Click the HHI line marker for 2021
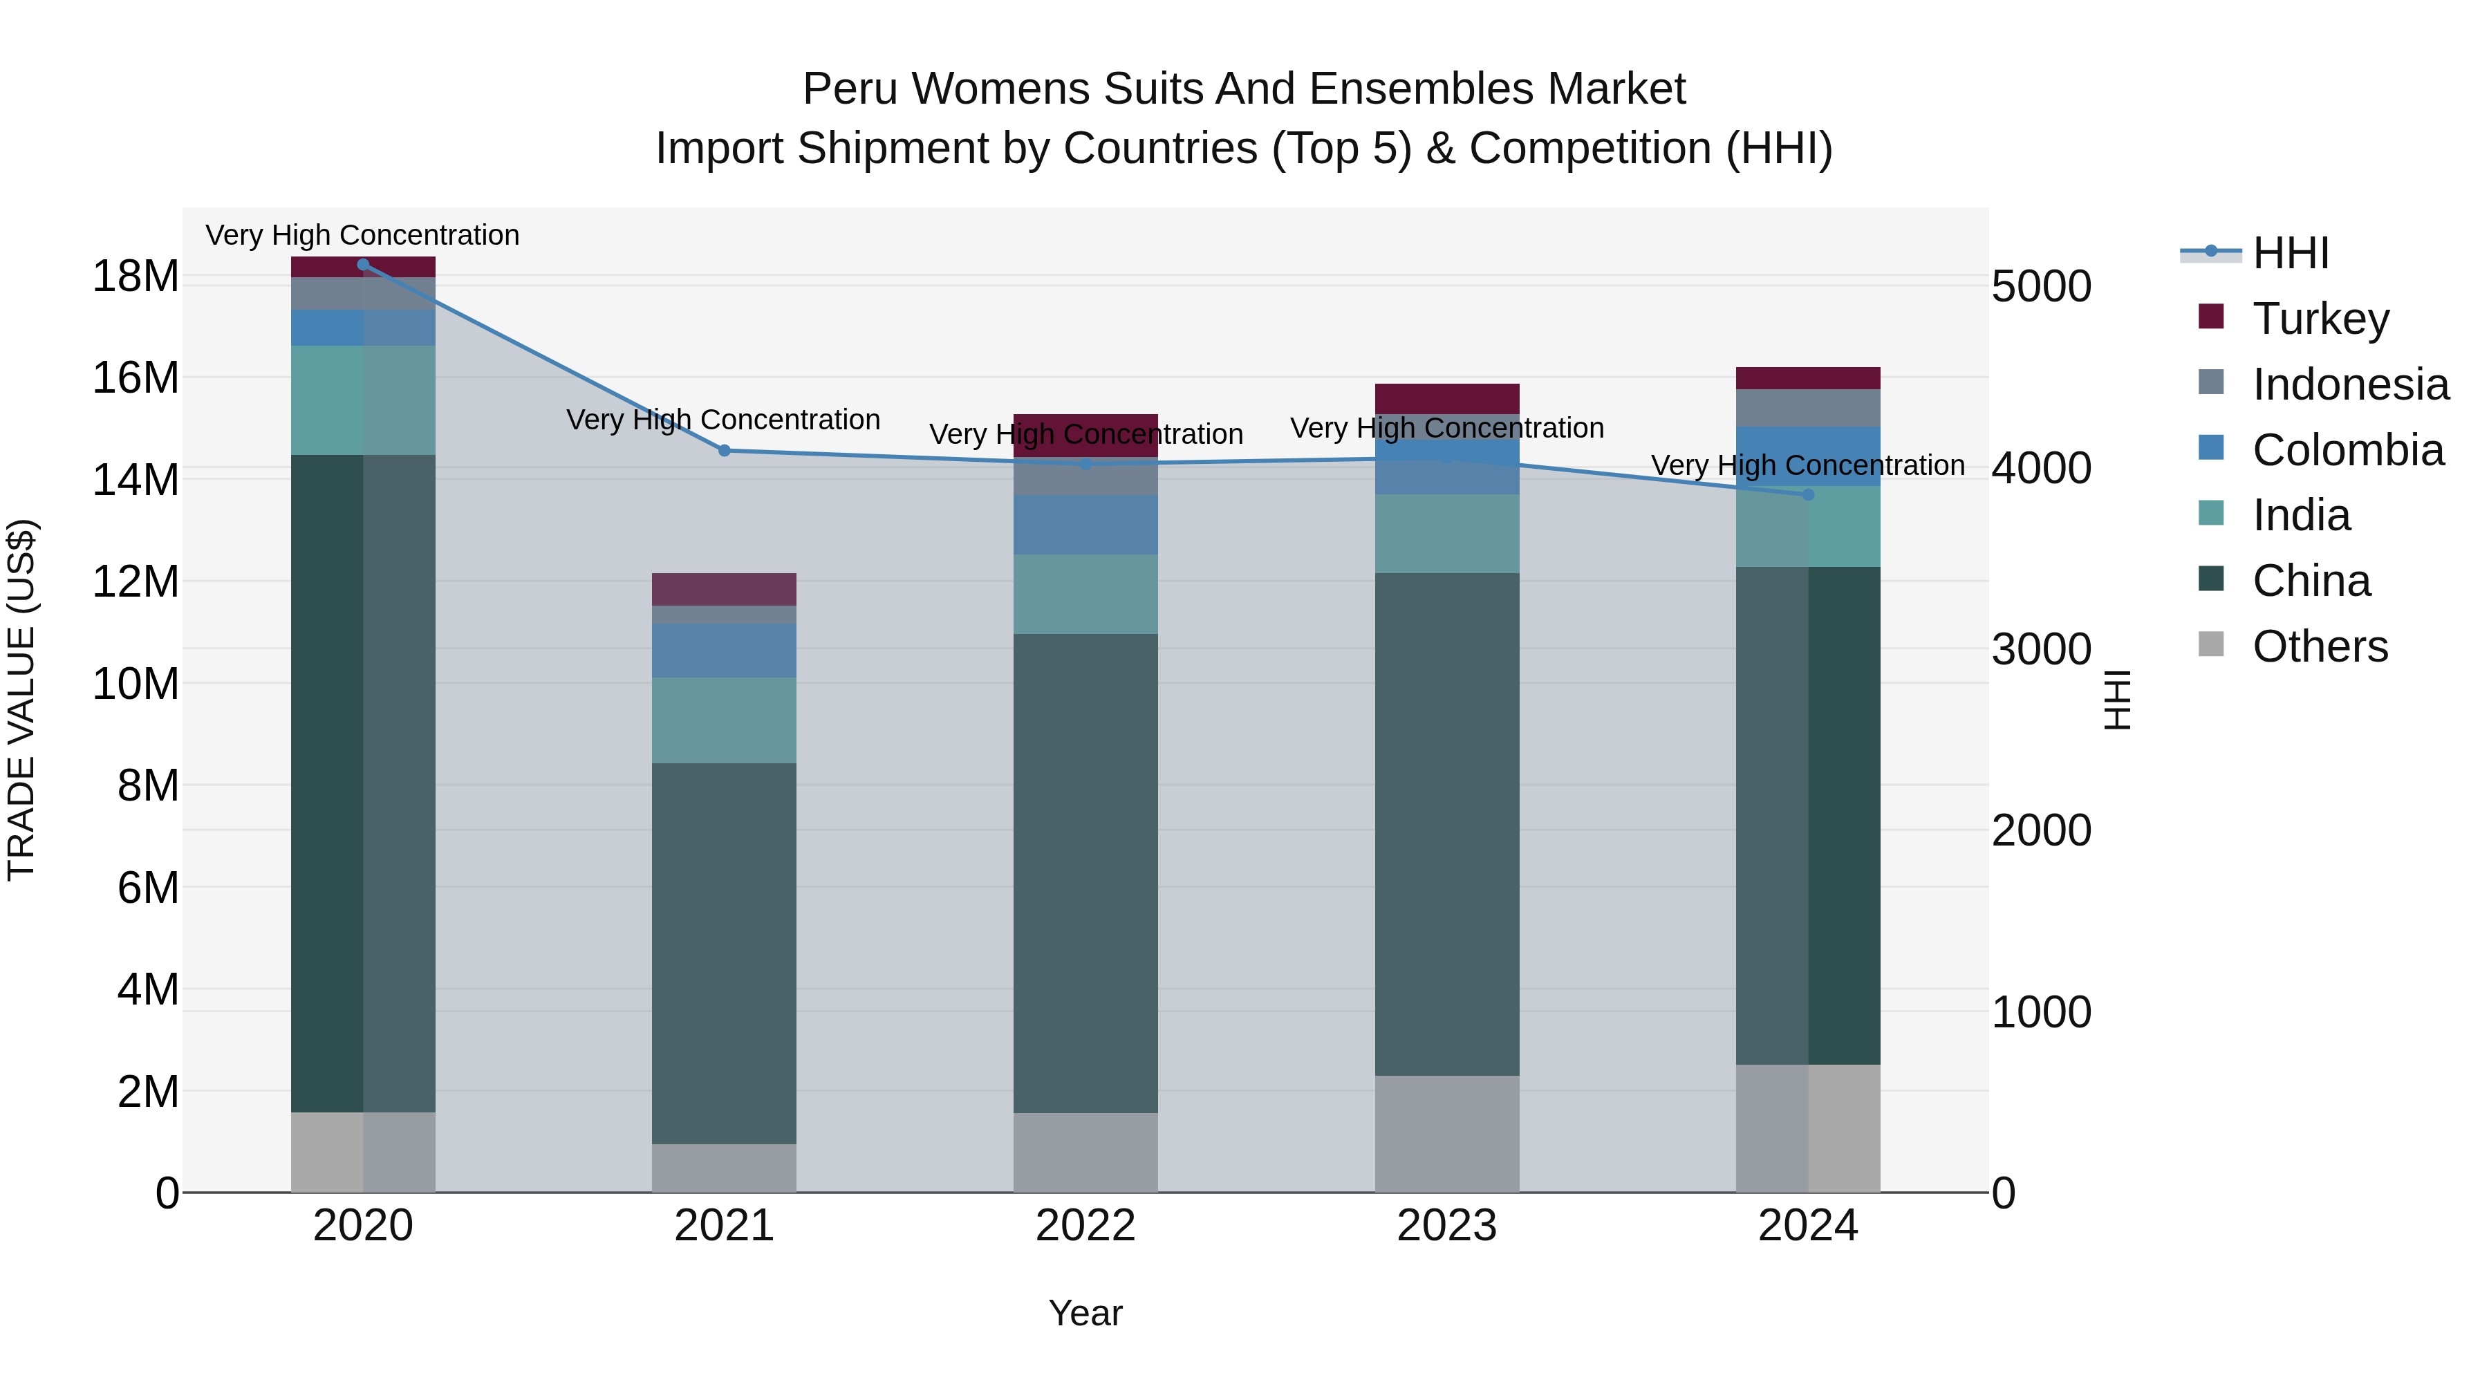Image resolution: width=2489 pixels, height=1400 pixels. [x=725, y=450]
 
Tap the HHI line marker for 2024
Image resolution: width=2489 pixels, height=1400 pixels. [x=1808, y=495]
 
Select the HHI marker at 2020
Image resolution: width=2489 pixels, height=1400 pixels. [x=363, y=265]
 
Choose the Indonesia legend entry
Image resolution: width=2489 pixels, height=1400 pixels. [x=2350, y=384]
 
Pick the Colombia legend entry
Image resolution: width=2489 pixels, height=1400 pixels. [x=2347, y=450]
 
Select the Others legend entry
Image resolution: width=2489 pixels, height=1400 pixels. [x=2319, y=646]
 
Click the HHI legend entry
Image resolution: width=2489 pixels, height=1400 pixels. [x=2290, y=253]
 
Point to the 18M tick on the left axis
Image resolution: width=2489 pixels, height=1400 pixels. [x=136, y=277]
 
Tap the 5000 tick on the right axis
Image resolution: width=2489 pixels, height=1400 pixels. [x=2042, y=287]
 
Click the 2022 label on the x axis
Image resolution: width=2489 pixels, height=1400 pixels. [x=1085, y=1226]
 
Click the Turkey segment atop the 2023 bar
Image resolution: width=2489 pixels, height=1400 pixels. [x=1446, y=398]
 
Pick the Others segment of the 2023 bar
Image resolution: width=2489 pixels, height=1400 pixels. [x=1446, y=1132]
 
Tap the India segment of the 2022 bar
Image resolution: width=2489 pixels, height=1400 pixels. [x=1085, y=593]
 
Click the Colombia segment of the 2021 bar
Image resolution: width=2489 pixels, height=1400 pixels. [x=725, y=651]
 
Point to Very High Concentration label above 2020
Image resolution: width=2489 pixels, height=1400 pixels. [x=362, y=235]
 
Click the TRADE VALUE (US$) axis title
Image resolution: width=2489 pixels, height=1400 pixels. [x=22, y=700]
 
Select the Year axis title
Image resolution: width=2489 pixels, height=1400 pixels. [x=1085, y=1313]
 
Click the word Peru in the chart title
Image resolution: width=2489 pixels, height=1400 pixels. [x=848, y=89]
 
